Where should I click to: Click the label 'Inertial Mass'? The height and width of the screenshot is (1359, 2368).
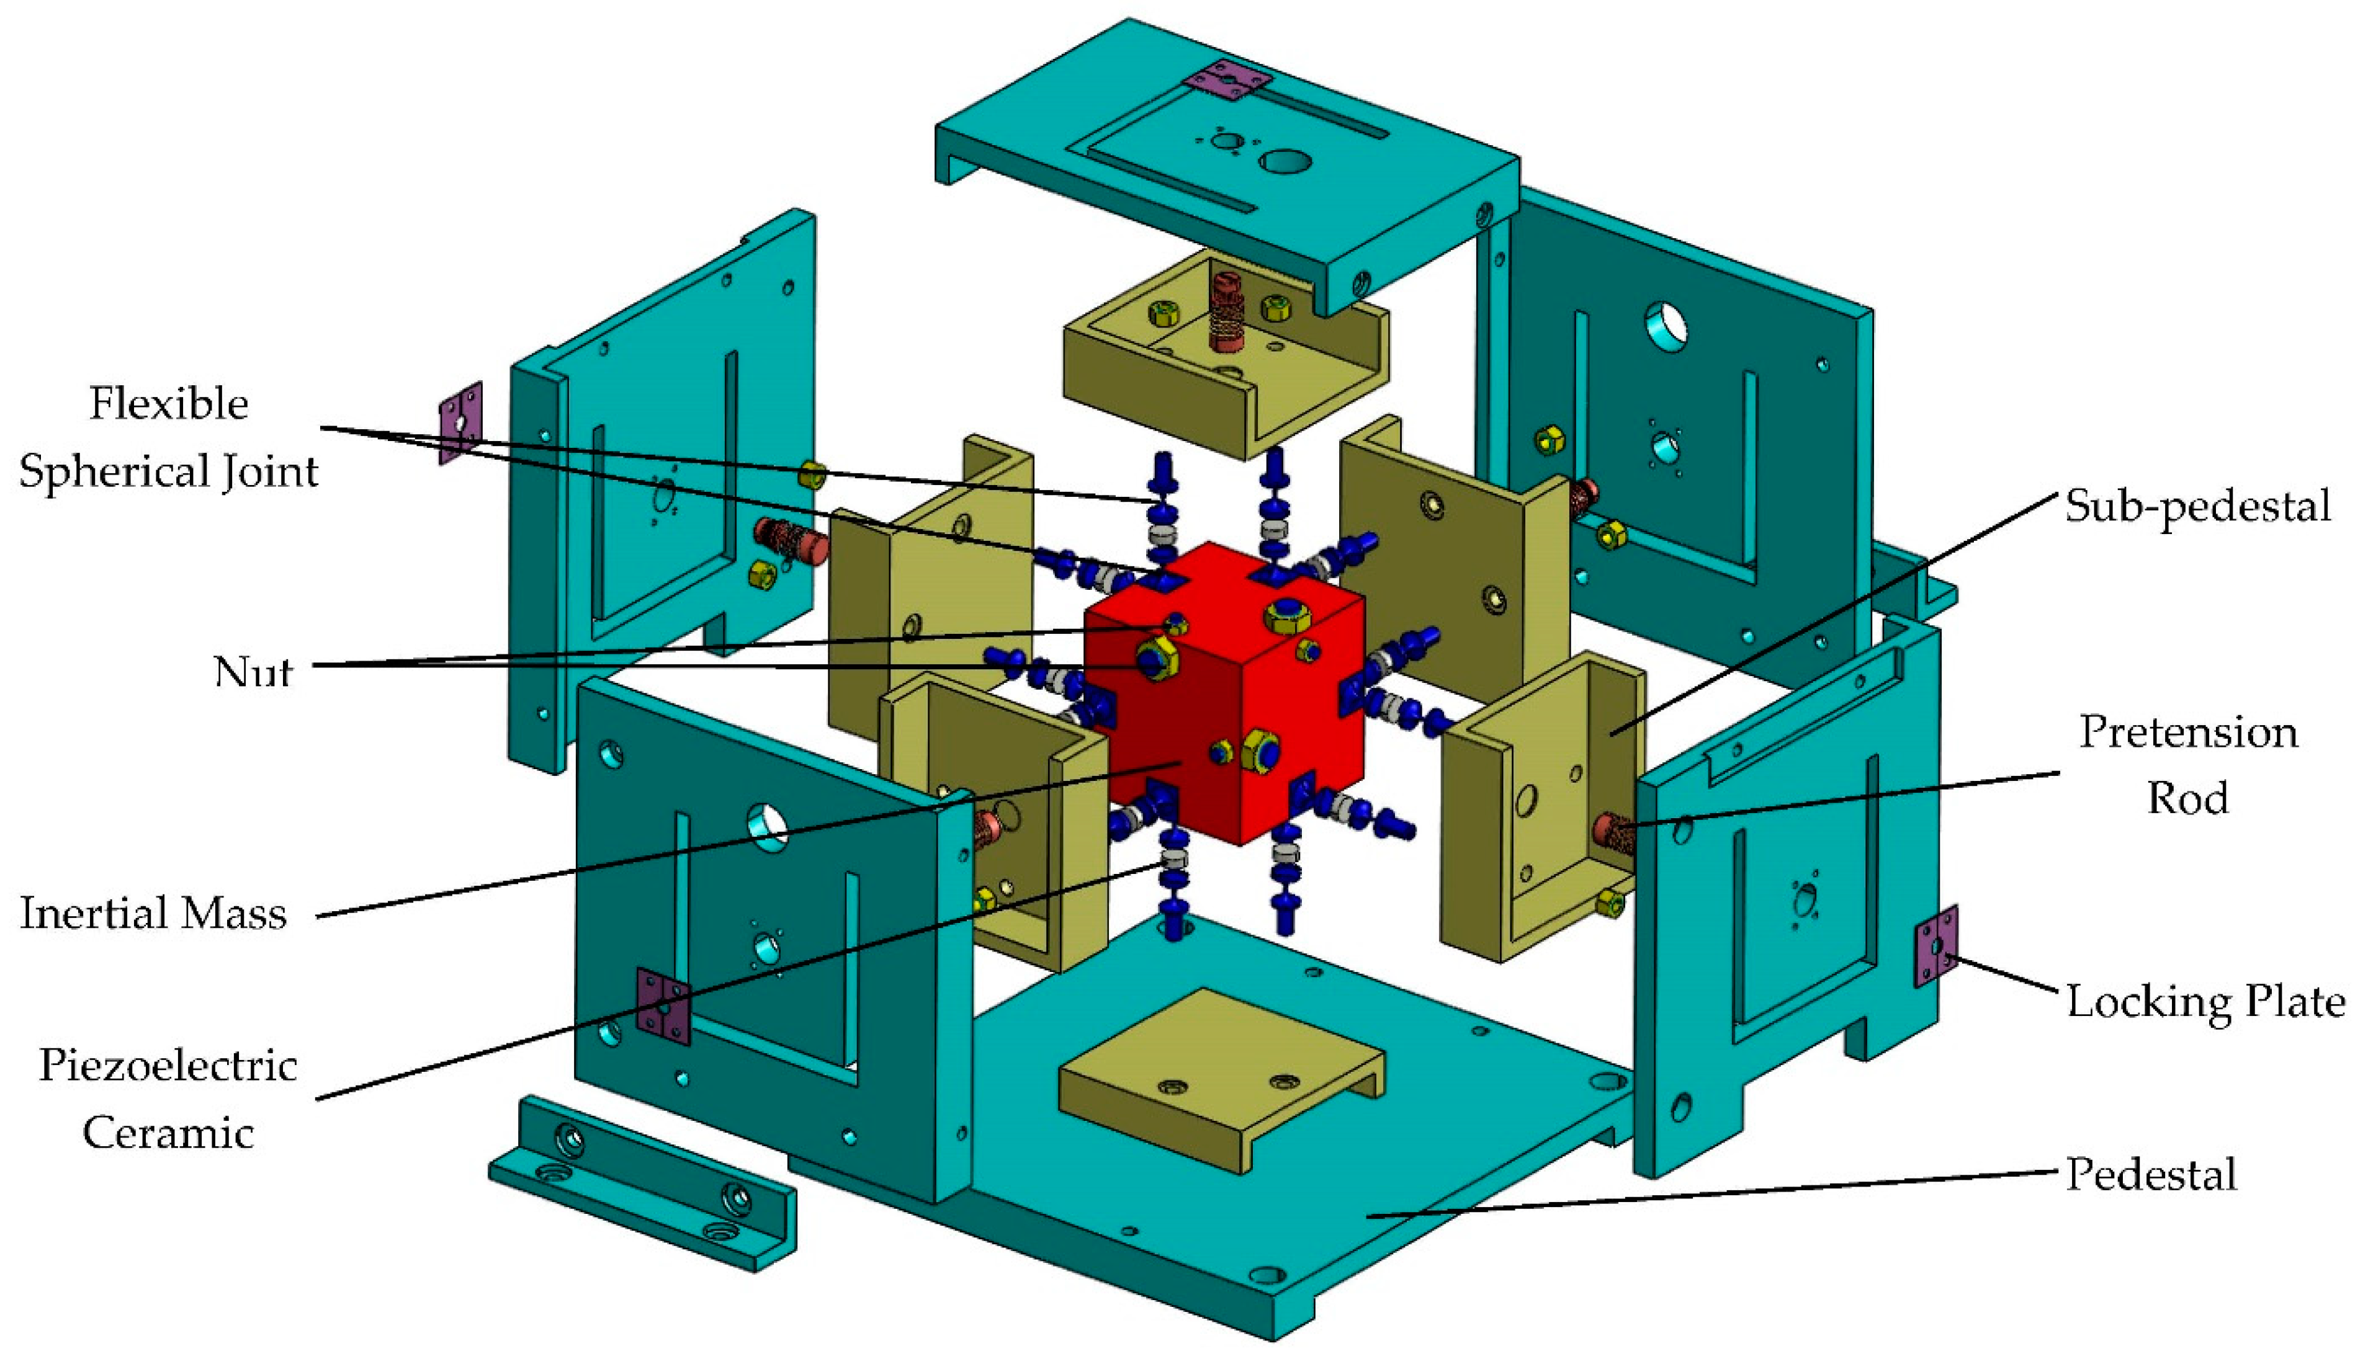[x=153, y=913]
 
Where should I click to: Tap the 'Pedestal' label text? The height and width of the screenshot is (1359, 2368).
[x=2150, y=1174]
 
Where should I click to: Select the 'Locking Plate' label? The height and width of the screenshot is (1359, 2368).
[x=2205, y=1002]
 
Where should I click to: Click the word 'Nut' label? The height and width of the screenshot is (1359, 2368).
[x=253, y=671]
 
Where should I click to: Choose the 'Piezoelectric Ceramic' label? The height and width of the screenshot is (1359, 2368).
[x=168, y=1098]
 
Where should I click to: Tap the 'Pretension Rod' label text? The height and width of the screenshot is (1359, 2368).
[x=2188, y=764]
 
